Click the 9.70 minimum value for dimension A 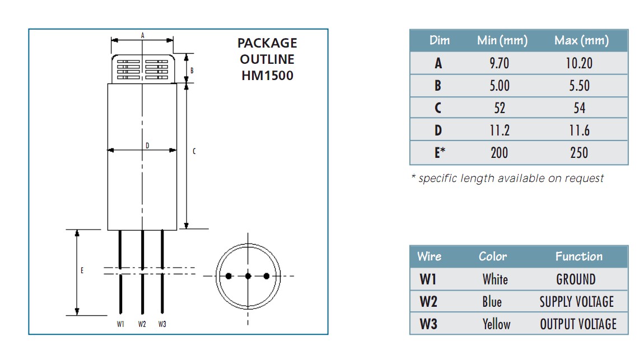click(x=499, y=63)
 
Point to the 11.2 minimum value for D click(x=499, y=130)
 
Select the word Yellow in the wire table click(x=496, y=324)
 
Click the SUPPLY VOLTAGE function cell click(x=577, y=302)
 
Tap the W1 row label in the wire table click(x=428, y=279)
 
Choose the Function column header click(x=578, y=256)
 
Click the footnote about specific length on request click(x=507, y=178)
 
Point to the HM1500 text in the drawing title click(x=267, y=75)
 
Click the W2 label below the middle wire click(x=142, y=324)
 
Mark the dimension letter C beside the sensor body click(x=194, y=151)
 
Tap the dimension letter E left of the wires click(x=82, y=270)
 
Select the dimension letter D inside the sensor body click(x=147, y=146)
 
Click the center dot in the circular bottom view click(x=248, y=276)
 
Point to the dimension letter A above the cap click(x=143, y=35)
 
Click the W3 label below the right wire click(x=162, y=324)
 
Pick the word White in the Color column click(x=495, y=279)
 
